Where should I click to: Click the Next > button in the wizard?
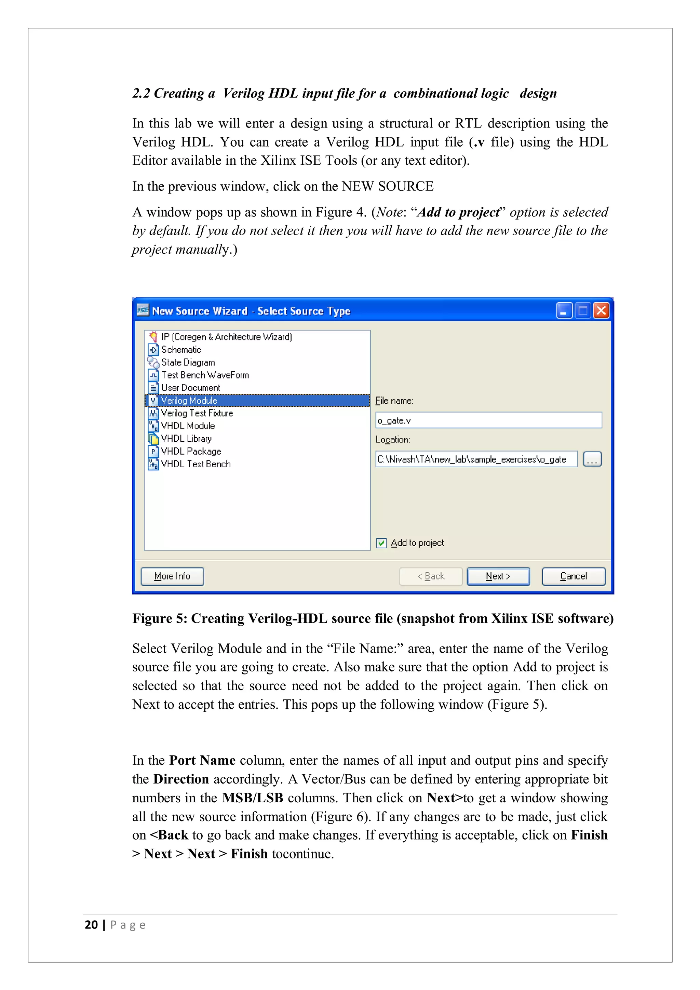[498, 576]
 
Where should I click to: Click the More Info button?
[172, 576]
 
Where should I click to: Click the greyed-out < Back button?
[431, 576]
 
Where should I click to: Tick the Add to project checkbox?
[381, 543]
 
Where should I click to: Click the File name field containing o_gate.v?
[488, 420]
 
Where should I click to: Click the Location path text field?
[476, 459]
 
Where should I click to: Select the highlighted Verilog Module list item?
[189, 401]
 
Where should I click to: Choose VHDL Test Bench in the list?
[196, 464]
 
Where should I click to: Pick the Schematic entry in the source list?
[181, 350]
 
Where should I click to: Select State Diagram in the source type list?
[188, 363]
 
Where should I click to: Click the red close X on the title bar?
[601, 310]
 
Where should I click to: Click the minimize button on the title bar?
[564, 310]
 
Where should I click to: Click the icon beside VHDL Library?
[153, 439]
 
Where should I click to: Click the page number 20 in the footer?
[91, 924]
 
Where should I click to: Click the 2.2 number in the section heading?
[141, 93]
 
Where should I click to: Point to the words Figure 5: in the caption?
[160, 618]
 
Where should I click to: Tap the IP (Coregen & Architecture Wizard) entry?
[226, 337]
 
